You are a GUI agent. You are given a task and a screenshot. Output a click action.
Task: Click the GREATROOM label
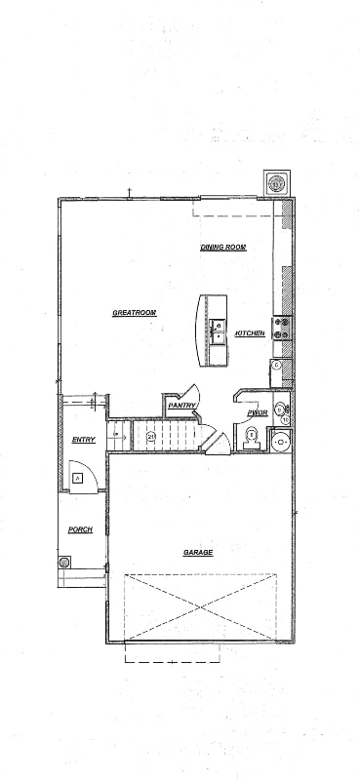coord(135,313)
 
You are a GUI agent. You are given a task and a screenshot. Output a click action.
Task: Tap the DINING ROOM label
coord(222,248)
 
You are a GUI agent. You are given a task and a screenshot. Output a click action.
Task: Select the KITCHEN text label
coord(250,334)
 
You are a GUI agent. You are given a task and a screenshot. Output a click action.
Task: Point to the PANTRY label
coord(182,405)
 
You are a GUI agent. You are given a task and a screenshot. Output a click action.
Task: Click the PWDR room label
coord(258,413)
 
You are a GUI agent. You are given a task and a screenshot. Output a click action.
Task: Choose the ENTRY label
coord(84,440)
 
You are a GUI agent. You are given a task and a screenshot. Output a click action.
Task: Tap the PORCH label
coord(80,529)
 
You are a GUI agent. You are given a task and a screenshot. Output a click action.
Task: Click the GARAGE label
coord(198,552)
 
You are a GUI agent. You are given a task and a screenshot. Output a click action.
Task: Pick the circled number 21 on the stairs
coord(151,437)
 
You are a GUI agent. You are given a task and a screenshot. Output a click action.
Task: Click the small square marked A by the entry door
coord(77,478)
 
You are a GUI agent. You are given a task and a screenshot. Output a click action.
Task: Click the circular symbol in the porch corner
coord(64,563)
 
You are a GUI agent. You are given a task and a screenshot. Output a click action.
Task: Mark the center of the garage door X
coord(200,606)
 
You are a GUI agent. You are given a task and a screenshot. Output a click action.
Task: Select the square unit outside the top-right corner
coord(277,183)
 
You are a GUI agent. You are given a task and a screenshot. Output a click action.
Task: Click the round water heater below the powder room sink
coord(282,442)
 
